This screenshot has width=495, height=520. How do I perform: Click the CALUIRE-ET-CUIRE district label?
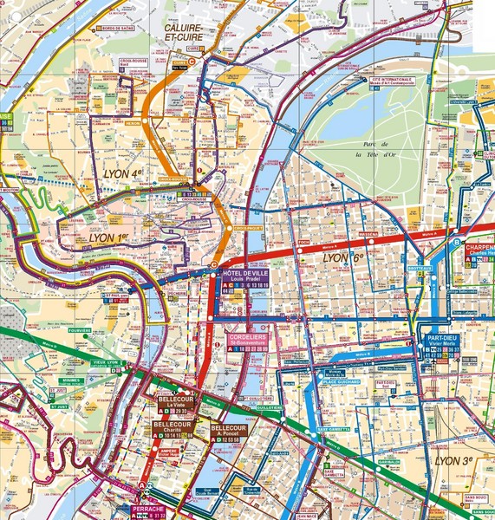point(188,33)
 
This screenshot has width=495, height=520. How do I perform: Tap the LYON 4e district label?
point(122,173)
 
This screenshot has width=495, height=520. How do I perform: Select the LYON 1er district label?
point(112,237)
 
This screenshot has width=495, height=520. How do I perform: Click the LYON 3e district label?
point(459,460)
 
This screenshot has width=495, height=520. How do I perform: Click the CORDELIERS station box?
point(248,341)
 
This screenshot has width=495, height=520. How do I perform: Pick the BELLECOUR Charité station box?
point(173,429)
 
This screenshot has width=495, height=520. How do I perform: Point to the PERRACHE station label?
point(147,510)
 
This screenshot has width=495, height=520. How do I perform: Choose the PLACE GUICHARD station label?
point(341,380)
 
